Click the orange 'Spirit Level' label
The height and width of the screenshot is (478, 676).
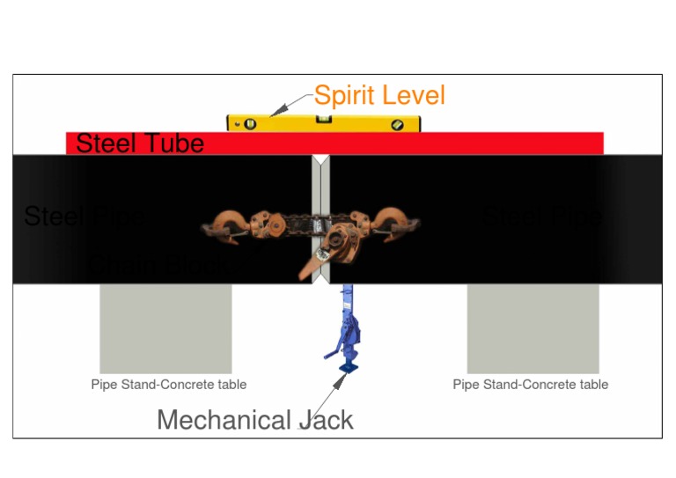click(x=379, y=95)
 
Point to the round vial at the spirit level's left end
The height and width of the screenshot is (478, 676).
click(x=250, y=124)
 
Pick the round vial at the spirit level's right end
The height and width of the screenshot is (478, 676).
click(x=397, y=124)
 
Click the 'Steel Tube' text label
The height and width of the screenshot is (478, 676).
click(x=140, y=143)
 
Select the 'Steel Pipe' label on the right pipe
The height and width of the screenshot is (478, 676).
click(x=543, y=216)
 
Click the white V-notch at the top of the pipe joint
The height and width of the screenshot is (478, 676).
click(x=320, y=161)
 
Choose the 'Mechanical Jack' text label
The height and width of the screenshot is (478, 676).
click(x=254, y=420)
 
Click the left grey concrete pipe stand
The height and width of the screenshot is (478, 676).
click(x=165, y=327)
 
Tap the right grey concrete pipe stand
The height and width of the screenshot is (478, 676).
click(x=533, y=327)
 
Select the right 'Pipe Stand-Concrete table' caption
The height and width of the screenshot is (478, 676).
click(x=530, y=385)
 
